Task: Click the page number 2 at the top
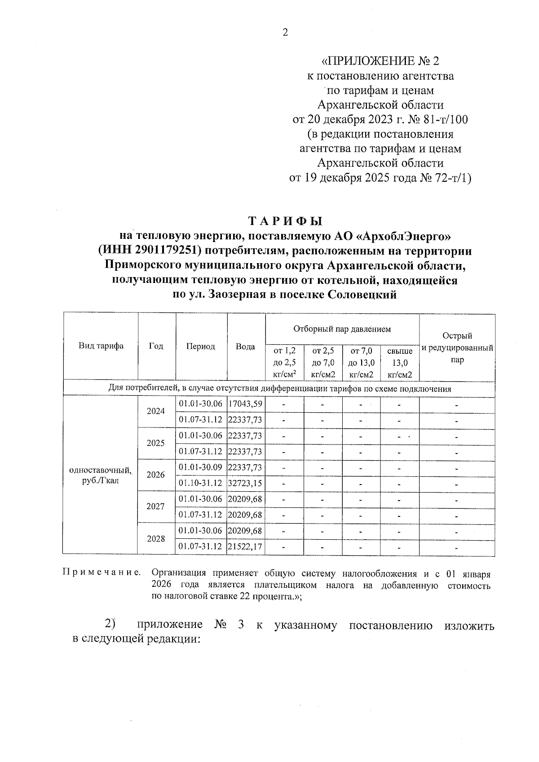pyautogui.click(x=284, y=32)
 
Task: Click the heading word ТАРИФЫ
pyautogui.click(x=286, y=221)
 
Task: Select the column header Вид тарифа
pyautogui.click(x=101, y=346)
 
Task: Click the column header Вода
pyautogui.click(x=246, y=346)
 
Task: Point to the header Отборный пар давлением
pyautogui.click(x=342, y=329)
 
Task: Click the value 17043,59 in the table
pyautogui.click(x=245, y=404)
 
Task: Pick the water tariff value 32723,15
pyautogui.click(x=245, y=483)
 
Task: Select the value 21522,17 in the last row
pyautogui.click(x=245, y=546)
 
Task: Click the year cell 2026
pyautogui.click(x=156, y=475)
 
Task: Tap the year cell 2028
pyautogui.click(x=156, y=538)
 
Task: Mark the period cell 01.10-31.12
pyautogui.click(x=201, y=483)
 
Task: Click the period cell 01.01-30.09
pyautogui.click(x=201, y=467)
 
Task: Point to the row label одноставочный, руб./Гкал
pyautogui.click(x=101, y=475)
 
